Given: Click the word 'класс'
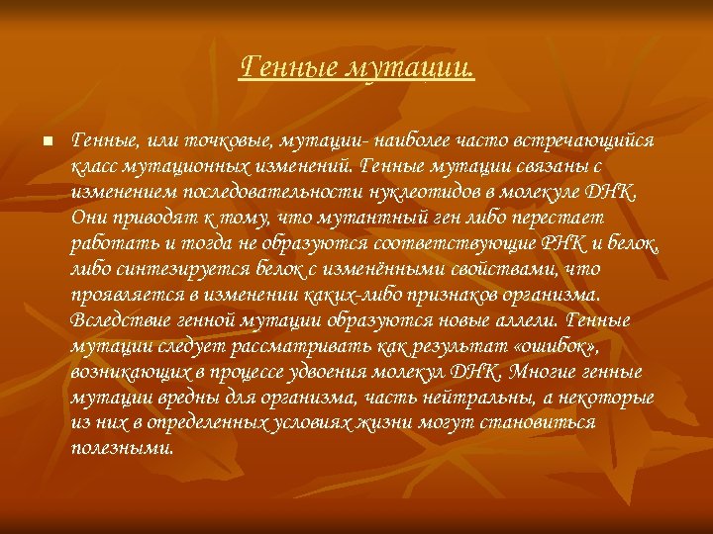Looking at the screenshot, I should click(x=95, y=165).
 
